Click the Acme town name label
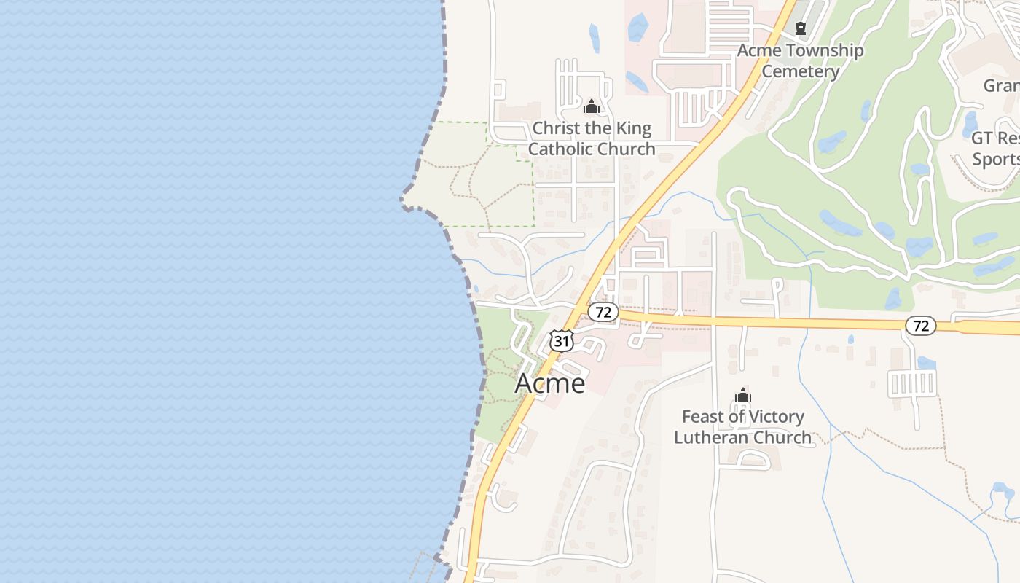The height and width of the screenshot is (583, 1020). point(550,383)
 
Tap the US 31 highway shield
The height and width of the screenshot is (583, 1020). point(562,340)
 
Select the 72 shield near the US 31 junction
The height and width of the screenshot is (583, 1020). point(603,313)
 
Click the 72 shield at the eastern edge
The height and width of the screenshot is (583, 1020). point(921,326)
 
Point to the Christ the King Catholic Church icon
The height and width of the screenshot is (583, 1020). point(592,107)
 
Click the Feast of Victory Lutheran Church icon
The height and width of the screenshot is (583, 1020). point(743,396)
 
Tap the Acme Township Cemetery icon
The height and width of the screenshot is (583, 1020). point(801,29)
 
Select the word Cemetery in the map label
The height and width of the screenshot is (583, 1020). point(801,71)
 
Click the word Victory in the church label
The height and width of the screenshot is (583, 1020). point(773,417)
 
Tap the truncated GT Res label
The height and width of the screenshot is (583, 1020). point(995,138)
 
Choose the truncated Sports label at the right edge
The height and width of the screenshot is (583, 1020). point(996,159)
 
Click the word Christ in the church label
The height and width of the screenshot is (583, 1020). point(554,128)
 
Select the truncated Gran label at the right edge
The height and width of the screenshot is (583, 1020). point(1001,85)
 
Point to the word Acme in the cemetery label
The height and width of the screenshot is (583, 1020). point(759,50)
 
